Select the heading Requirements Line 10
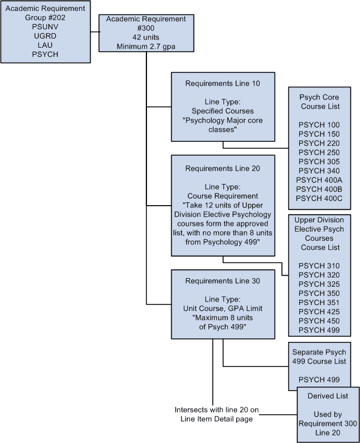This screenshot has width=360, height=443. click(x=223, y=83)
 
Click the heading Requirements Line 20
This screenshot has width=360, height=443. click(x=223, y=168)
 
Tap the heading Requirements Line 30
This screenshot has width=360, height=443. click(x=223, y=281)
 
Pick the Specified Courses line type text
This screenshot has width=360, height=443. click(x=223, y=111)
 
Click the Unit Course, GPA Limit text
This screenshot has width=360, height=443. click(x=223, y=309)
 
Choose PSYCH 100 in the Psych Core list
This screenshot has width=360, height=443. click(x=319, y=125)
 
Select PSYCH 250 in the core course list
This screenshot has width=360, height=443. click(x=319, y=152)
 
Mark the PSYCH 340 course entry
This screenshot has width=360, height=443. click(x=319, y=171)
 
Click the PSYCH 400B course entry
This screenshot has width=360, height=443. click(x=319, y=189)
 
